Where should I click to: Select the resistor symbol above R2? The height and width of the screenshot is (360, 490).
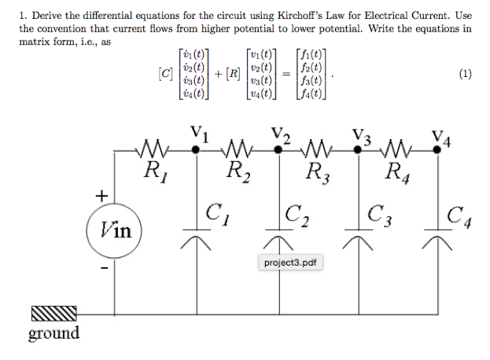point(236,147)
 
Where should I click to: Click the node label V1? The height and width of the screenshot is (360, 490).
point(198,133)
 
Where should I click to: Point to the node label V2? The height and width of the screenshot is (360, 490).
point(280,133)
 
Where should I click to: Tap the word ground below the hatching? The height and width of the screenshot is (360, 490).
point(53,333)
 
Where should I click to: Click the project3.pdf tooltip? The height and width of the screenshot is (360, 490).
point(289,262)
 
